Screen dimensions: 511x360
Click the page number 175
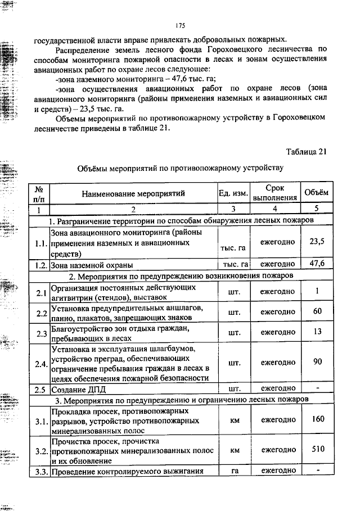180,25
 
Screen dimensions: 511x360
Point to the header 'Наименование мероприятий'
133,193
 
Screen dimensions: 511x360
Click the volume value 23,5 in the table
317,241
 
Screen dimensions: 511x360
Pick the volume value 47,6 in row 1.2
317,264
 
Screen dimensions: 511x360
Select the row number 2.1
39,292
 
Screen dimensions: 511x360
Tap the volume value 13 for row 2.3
317,332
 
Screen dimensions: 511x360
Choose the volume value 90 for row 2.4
317,362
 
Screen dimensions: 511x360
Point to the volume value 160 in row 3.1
317,419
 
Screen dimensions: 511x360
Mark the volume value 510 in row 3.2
317,449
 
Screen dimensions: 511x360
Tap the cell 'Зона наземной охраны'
92,264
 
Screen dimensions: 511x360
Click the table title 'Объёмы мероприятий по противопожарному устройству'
180,168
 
